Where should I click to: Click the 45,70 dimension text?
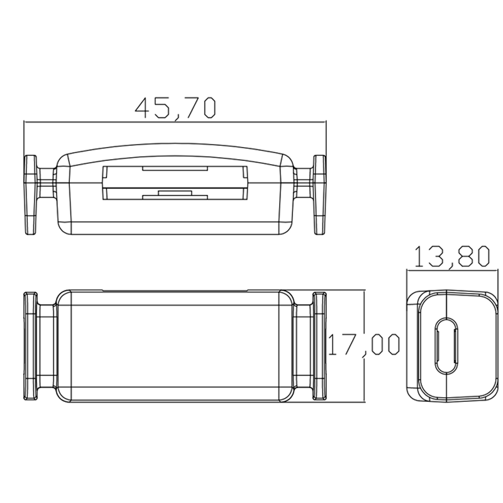[x=175, y=108]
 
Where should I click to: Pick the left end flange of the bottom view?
[x=30, y=346]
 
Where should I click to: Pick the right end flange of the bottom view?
[x=320, y=346]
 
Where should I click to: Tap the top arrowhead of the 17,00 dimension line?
[x=365, y=293]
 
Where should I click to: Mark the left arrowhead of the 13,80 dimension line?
[x=409, y=270]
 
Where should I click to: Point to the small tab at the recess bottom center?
[x=175, y=192]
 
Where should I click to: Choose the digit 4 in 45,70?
[x=144, y=108]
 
